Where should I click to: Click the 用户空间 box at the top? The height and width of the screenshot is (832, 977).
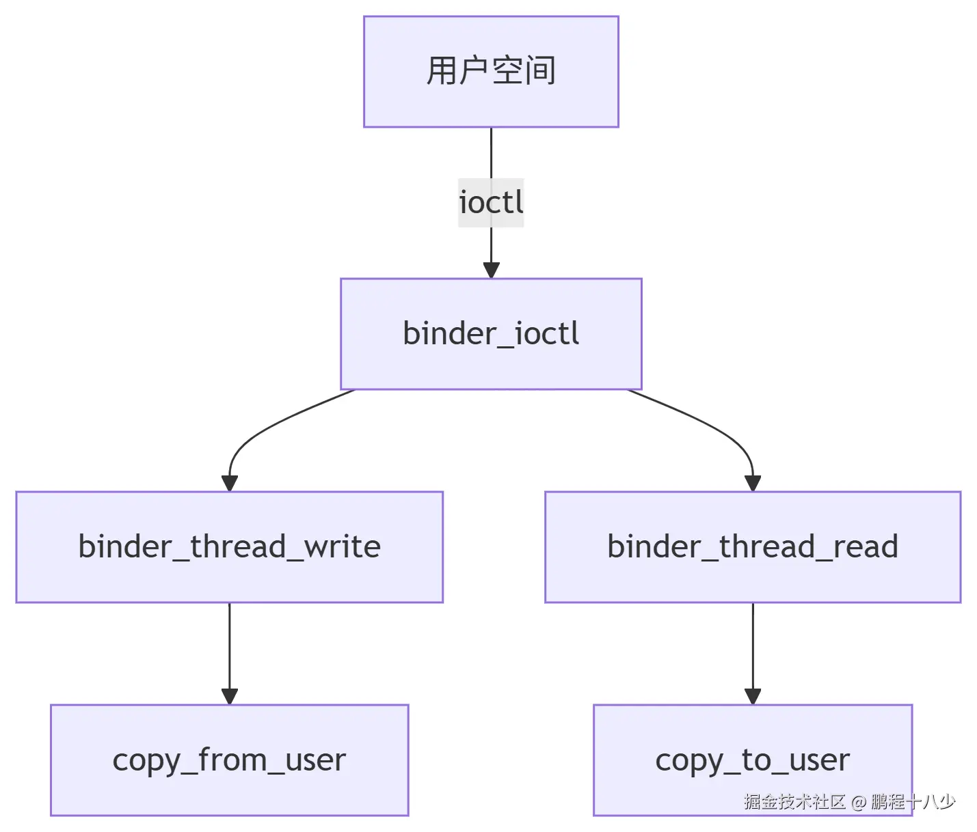pos(491,72)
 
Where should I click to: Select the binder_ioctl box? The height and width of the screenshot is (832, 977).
pos(491,334)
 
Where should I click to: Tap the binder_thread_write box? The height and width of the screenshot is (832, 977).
pos(229,547)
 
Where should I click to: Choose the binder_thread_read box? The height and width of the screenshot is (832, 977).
pos(752,547)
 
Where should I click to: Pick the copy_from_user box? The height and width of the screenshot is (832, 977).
pos(229,760)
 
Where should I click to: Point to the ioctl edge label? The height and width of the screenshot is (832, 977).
pos(491,203)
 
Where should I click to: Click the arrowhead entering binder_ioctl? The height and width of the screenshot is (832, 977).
pos(491,270)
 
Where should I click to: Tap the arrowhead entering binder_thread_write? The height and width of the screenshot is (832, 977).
pos(230,483)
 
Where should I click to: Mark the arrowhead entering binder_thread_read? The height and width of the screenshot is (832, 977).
pos(753,483)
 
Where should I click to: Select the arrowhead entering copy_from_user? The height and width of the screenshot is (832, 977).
pos(230,696)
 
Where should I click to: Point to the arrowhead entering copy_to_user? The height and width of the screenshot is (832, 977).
pos(753,696)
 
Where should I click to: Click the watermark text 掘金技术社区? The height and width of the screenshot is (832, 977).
pos(794,801)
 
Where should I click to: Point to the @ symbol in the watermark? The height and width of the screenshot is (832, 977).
pos(859,802)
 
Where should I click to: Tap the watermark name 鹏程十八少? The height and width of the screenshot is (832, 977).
pos(913,801)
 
